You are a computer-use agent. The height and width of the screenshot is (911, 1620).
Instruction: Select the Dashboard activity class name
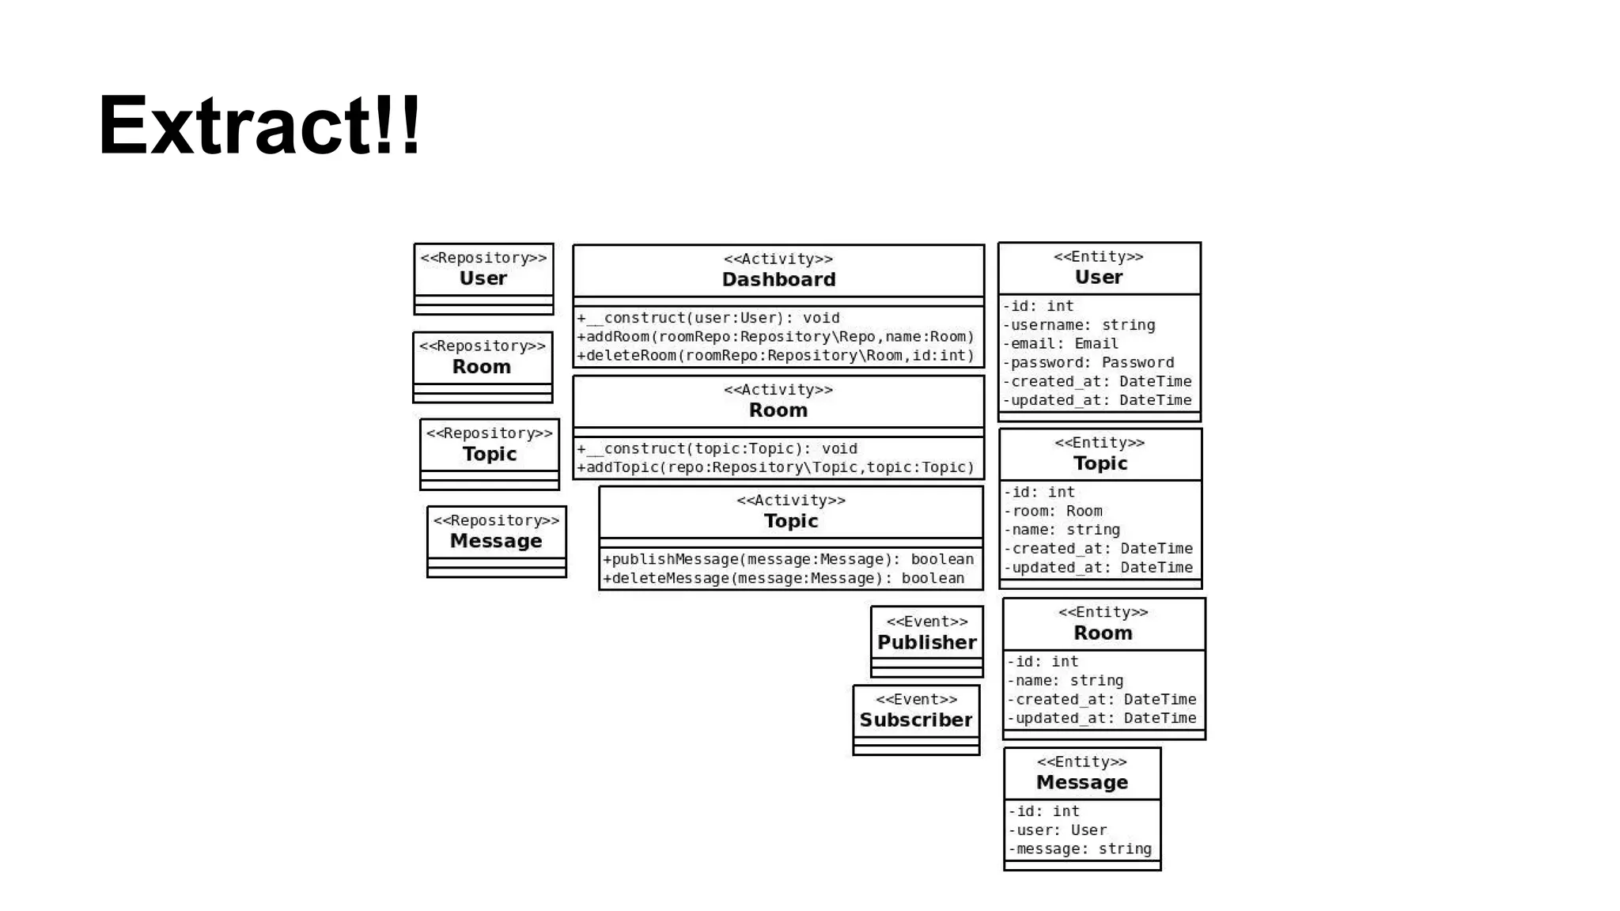(778, 280)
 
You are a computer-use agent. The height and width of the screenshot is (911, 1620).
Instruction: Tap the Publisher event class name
(926, 642)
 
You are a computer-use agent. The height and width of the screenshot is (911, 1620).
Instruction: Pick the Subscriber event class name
(916, 720)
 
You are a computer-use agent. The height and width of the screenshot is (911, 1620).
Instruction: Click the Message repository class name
(496, 541)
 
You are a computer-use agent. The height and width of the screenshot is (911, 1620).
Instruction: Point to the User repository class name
(483, 278)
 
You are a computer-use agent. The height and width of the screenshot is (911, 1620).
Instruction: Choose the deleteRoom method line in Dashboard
(775, 356)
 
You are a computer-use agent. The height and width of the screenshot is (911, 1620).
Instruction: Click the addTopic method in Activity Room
(775, 467)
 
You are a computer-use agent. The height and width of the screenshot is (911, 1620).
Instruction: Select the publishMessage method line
(788, 560)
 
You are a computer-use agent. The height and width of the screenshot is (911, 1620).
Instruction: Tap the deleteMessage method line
(783, 578)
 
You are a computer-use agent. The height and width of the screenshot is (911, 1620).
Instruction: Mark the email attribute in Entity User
(1061, 344)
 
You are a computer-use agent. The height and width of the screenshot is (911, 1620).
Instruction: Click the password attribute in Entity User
(1088, 363)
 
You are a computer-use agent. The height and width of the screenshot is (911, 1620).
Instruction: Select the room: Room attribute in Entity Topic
(1053, 512)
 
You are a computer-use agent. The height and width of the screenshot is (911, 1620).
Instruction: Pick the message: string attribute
(1080, 849)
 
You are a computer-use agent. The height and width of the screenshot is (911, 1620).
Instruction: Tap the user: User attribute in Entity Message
(1057, 830)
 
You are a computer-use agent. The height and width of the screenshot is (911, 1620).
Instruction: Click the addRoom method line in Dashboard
(775, 337)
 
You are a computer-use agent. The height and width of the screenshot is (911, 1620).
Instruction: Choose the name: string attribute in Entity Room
(1065, 681)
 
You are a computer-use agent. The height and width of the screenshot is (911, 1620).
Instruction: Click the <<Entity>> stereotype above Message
(1081, 762)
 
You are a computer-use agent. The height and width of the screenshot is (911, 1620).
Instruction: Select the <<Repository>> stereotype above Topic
(489, 433)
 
